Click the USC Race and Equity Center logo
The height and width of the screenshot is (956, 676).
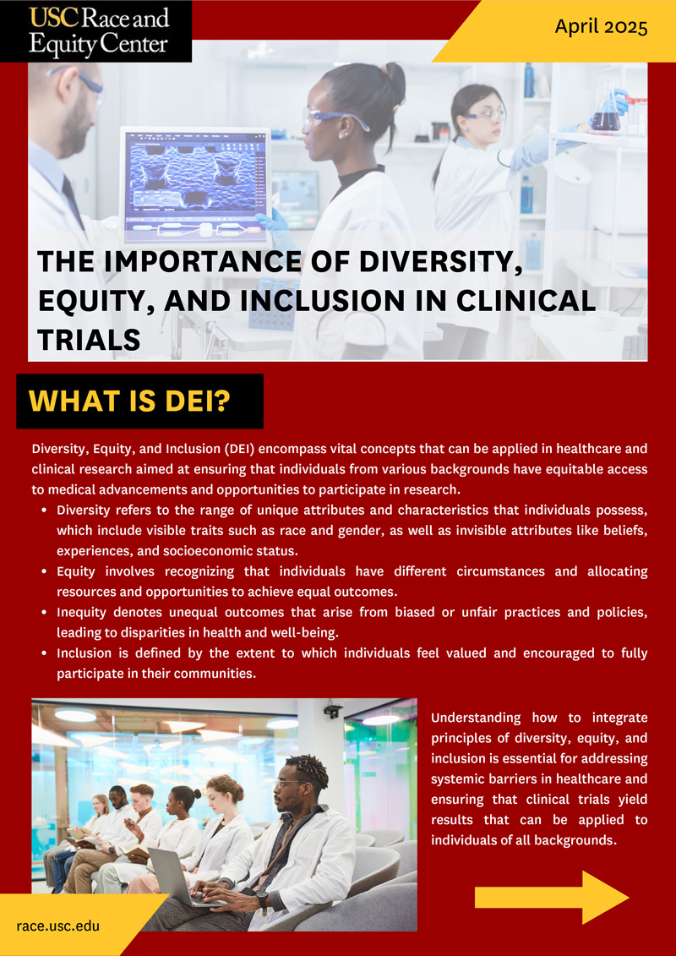pos(95,31)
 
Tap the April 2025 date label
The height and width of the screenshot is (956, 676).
pos(601,27)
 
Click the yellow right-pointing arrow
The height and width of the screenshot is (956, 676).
pos(552,897)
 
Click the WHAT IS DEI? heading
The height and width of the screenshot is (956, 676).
pos(128,402)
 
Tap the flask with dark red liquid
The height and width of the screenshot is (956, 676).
pos(606,109)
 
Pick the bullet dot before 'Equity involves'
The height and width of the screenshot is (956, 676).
pos(46,572)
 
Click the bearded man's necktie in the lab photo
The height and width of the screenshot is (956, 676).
pos(73,200)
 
